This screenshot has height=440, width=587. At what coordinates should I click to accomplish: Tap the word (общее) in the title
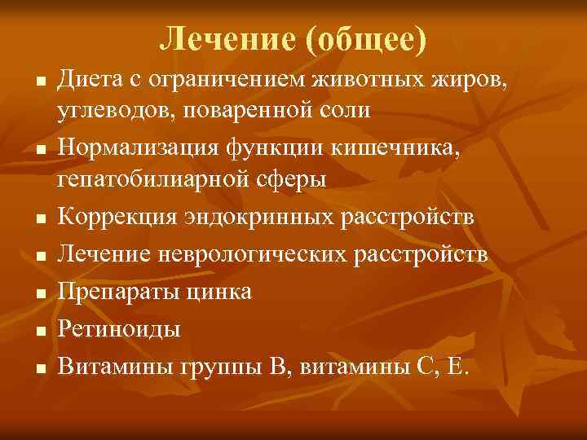pyautogui.click(x=363, y=39)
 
